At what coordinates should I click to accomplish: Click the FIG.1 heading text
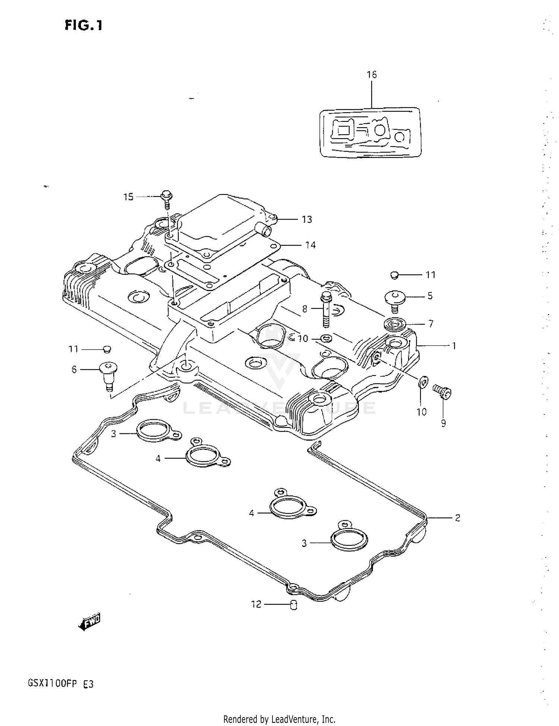pos(83,25)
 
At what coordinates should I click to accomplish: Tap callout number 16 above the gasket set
pos(372,75)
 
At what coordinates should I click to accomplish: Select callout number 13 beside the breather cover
pos(307,220)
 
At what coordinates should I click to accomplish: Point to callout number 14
pos(310,245)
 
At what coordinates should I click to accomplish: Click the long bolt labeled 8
pos(326,309)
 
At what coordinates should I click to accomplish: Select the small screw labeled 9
pos(443,392)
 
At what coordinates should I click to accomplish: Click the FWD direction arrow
pos(89,621)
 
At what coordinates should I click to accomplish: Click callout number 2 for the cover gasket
pos(457,518)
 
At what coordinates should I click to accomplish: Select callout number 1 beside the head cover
pos(454,346)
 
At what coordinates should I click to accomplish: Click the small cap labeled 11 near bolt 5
pos(395,275)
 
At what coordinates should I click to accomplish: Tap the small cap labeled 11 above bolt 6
pos(107,349)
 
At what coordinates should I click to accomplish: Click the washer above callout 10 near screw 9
pos(423,382)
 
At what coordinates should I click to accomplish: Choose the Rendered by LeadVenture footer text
pos(279,719)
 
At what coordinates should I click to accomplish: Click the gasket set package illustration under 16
pos(371,132)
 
